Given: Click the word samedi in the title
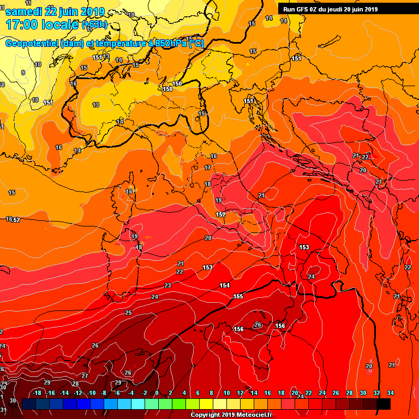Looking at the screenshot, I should (x=26, y=11).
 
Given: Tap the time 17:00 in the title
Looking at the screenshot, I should (x=22, y=24).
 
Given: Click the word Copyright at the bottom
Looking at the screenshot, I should (x=206, y=415).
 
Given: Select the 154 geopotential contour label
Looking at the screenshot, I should (x=225, y=285).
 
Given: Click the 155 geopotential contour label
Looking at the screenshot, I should (x=238, y=296).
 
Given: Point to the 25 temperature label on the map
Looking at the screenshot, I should (x=128, y=313).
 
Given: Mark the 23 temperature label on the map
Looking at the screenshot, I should (x=167, y=285).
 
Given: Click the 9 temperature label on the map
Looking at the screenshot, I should (x=23, y=73).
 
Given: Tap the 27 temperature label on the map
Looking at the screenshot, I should (x=85, y=376).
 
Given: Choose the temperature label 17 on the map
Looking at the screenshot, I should (x=208, y=168).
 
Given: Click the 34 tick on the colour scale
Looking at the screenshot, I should (x=390, y=393).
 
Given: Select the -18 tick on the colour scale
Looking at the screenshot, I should (x=38, y=393).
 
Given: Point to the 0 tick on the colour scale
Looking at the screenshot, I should (x=157, y=393).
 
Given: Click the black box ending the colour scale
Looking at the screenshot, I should (x=384, y=404).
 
